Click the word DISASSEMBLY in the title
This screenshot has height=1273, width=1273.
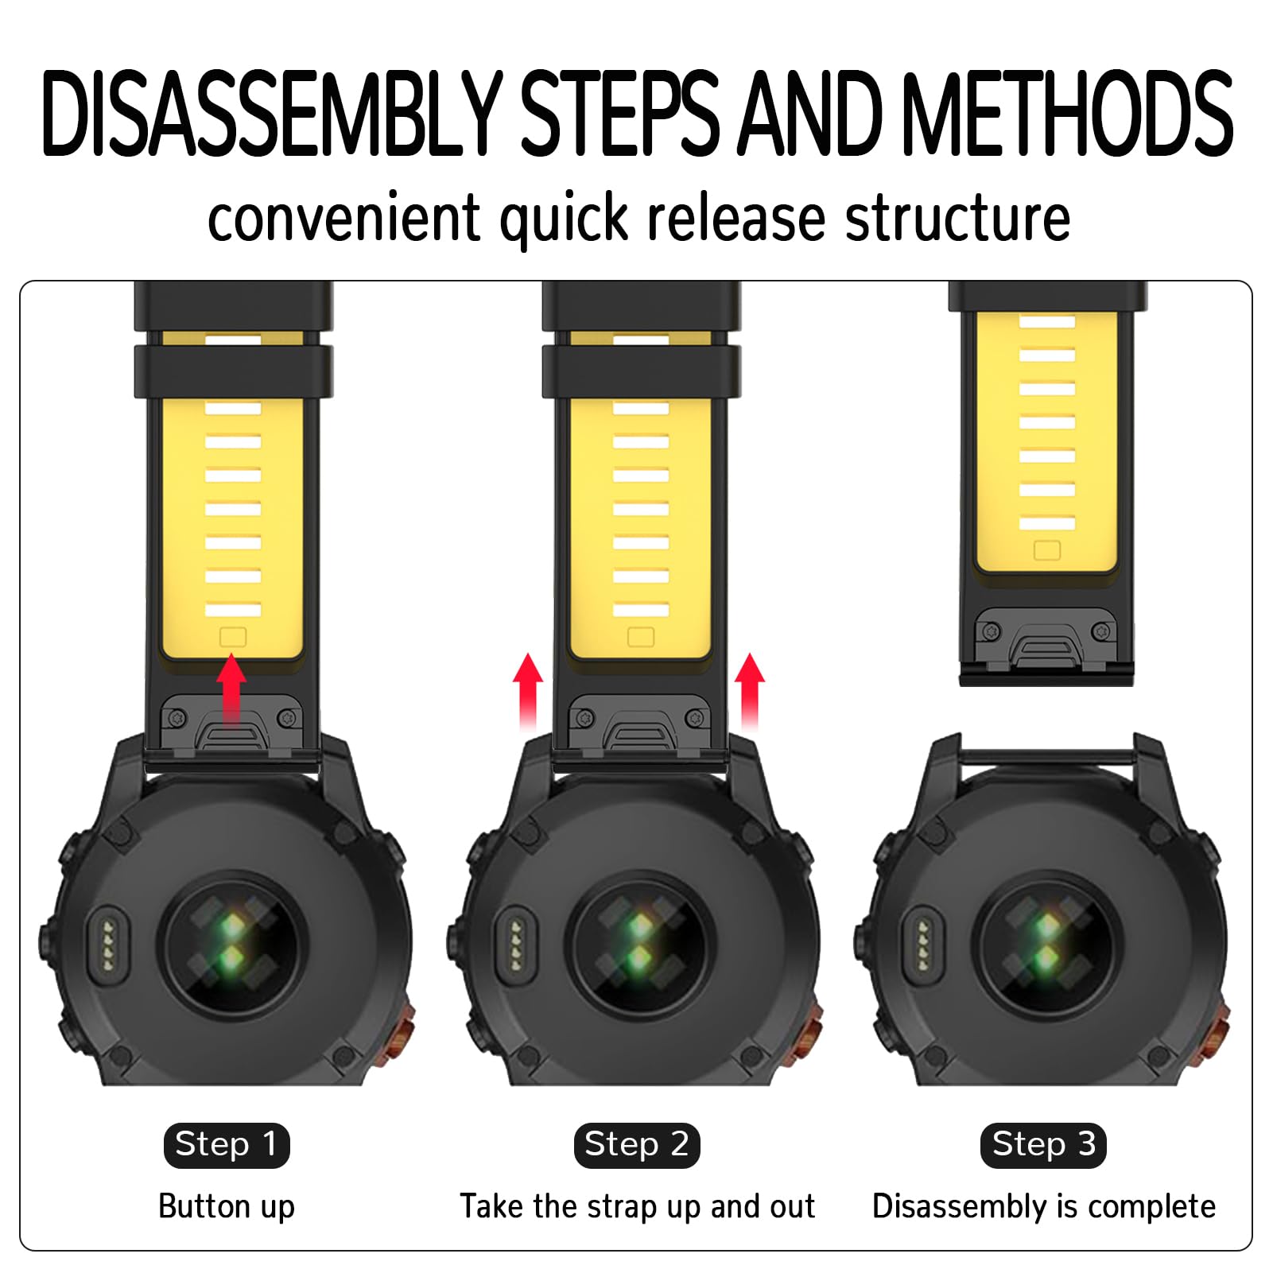click(272, 113)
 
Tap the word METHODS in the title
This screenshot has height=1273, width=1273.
click(1068, 113)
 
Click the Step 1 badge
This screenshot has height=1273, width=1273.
click(227, 1145)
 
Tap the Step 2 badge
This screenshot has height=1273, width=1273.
click(637, 1145)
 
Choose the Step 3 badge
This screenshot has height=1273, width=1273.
click(1044, 1145)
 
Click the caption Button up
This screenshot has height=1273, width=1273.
click(227, 1207)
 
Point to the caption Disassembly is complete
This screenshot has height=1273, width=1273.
click(1044, 1207)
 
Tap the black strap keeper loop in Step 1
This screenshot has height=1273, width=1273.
click(234, 371)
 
